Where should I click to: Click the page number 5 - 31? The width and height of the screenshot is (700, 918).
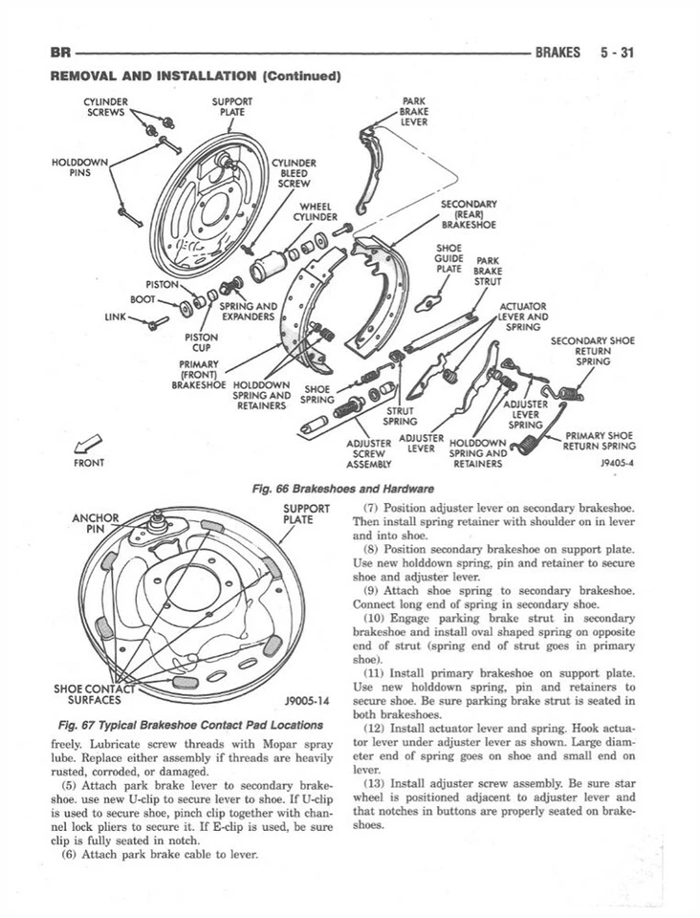point(618,53)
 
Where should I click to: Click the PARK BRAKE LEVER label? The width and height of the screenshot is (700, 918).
point(413,110)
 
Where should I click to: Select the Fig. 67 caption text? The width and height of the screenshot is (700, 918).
point(182,724)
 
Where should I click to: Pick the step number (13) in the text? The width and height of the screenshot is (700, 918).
point(376,781)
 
